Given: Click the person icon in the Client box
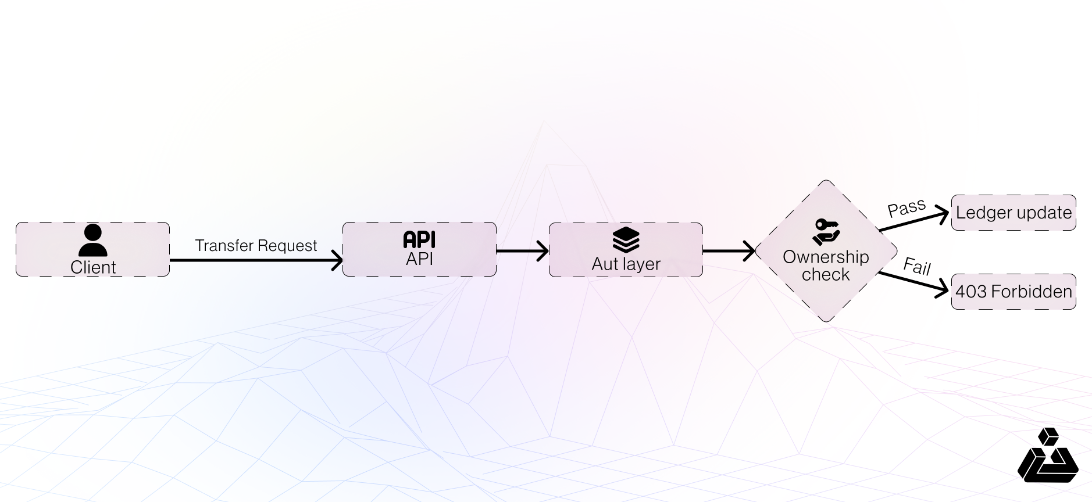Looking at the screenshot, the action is [x=92, y=241].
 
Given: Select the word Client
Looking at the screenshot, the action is [x=93, y=267].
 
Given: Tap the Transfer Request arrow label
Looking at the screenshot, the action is [x=256, y=246].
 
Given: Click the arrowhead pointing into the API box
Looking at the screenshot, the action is [x=337, y=260].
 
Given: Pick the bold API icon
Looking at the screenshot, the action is [x=419, y=239].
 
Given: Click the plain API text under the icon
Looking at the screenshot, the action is [x=419, y=259].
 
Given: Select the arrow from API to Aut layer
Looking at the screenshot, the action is [x=522, y=251].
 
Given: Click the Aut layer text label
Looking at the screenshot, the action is [x=626, y=264].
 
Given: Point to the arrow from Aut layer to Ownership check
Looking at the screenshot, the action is [x=729, y=251].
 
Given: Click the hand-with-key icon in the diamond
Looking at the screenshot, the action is [x=826, y=232].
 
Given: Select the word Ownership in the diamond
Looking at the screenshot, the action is [x=826, y=257].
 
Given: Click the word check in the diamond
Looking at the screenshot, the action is [x=826, y=274].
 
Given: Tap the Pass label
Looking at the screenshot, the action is [x=907, y=207].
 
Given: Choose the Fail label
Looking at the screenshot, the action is [x=917, y=266].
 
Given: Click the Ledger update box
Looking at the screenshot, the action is [x=1014, y=213].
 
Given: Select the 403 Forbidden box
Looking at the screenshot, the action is [x=1014, y=292].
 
